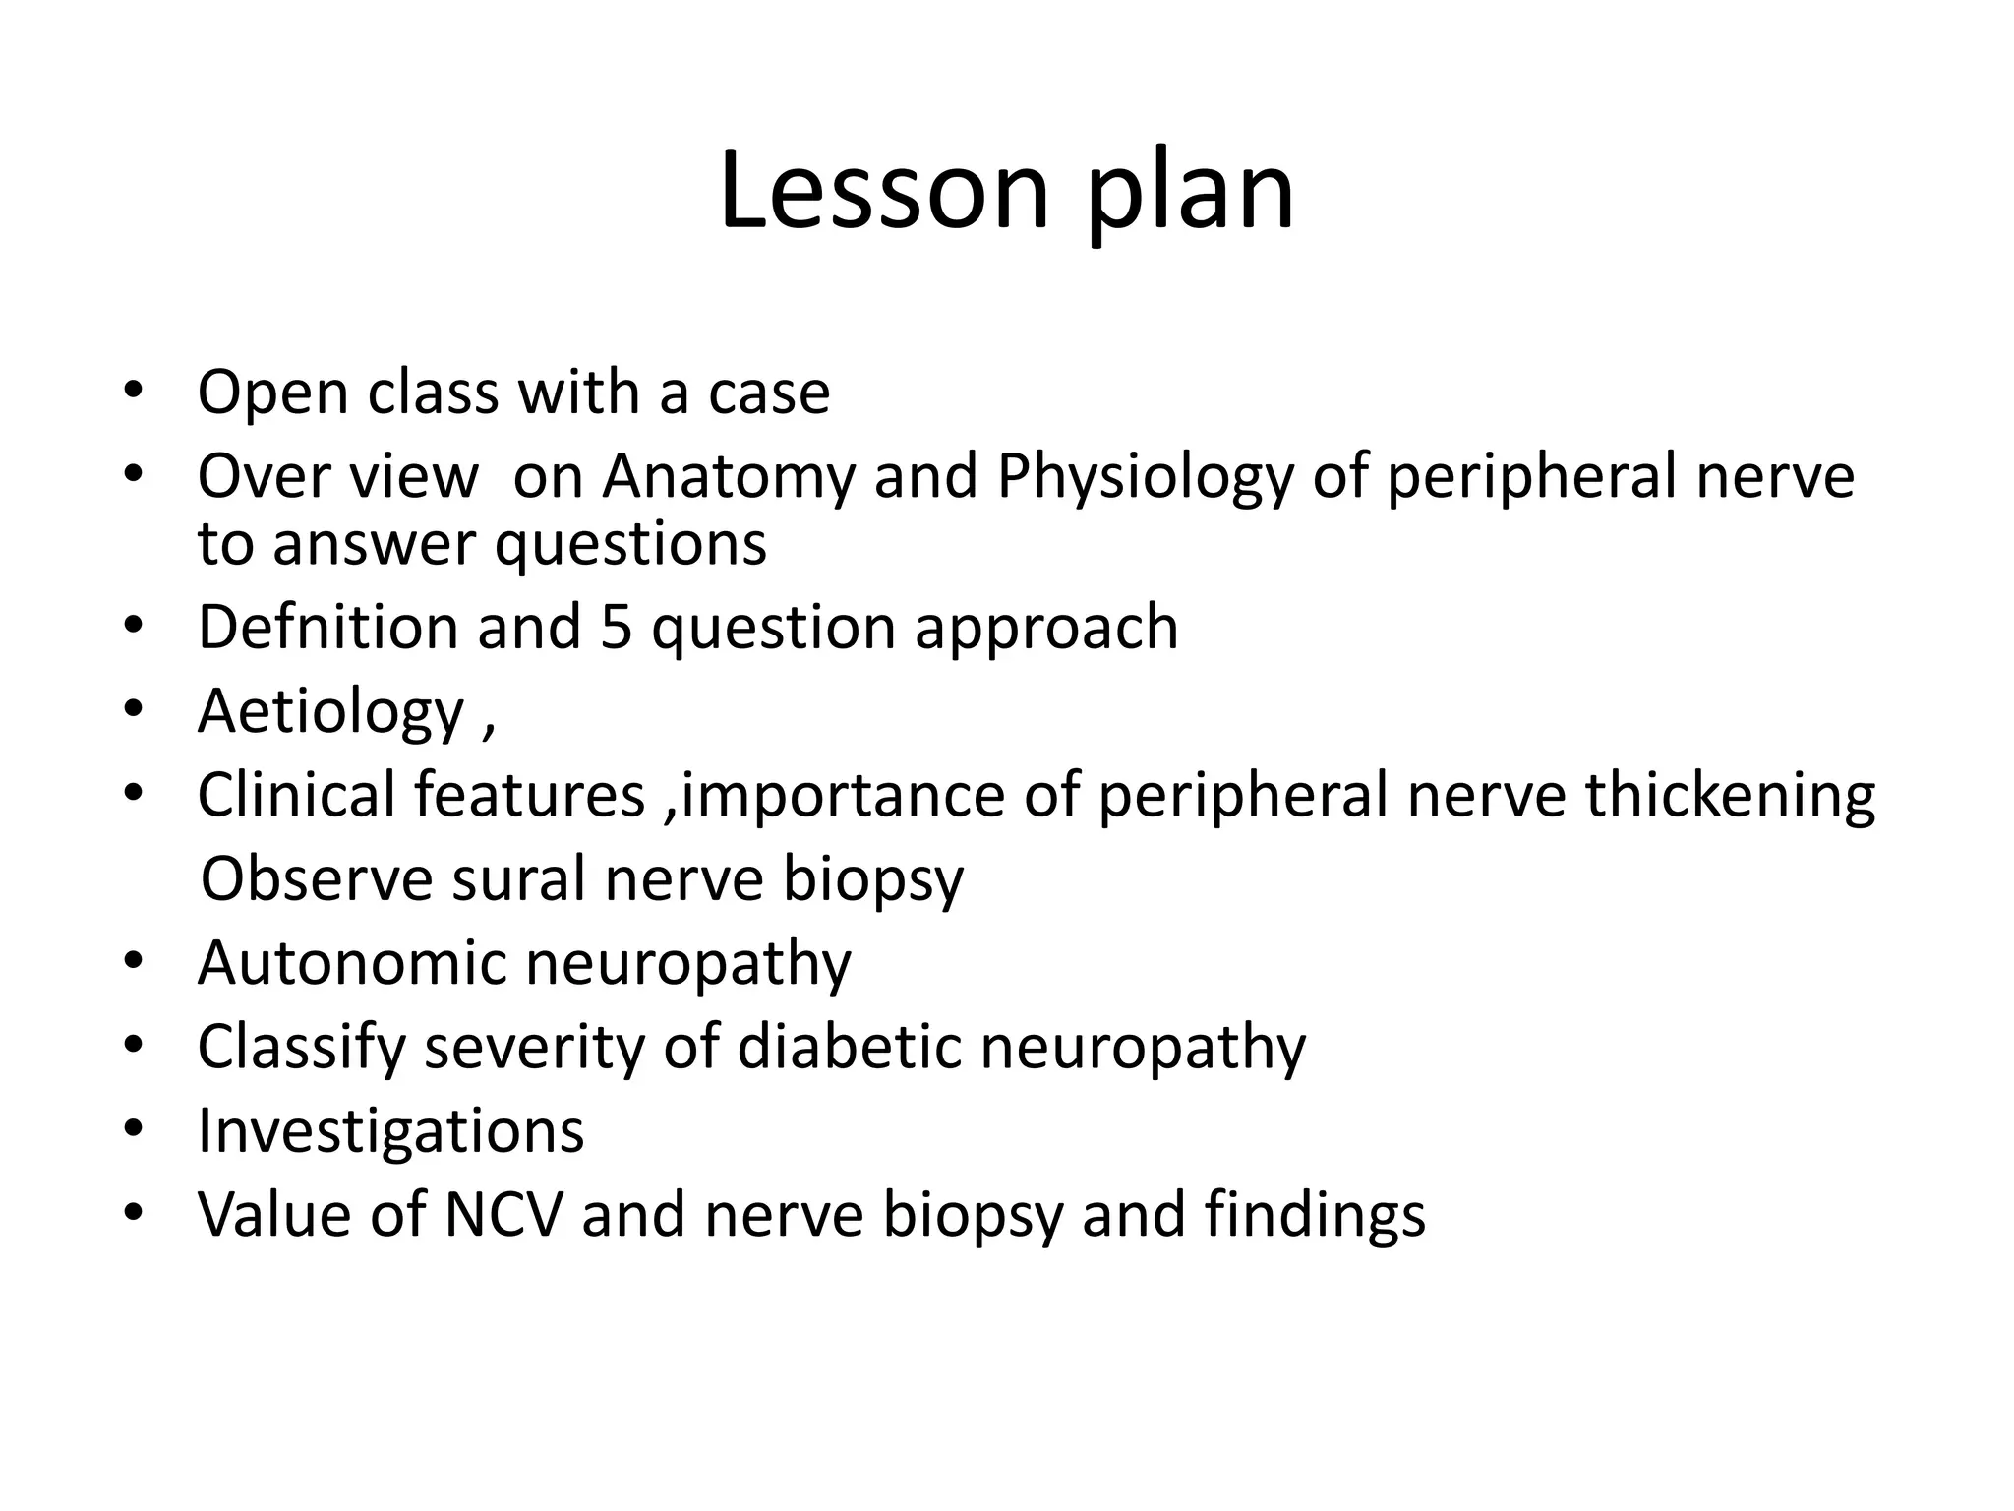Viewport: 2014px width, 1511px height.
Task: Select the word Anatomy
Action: tap(728, 476)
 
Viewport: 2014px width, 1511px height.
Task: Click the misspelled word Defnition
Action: tap(328, 627)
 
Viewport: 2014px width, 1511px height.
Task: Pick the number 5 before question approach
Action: tap(616, 627)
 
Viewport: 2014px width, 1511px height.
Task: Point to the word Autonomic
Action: tap(352, 962)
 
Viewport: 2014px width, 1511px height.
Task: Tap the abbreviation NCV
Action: tap(503, 1214)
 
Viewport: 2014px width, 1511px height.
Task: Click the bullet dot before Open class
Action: tap(134, 390)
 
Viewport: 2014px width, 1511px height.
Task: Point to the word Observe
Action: tap(317, 877)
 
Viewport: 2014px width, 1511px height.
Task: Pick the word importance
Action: tap(842, 796)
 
